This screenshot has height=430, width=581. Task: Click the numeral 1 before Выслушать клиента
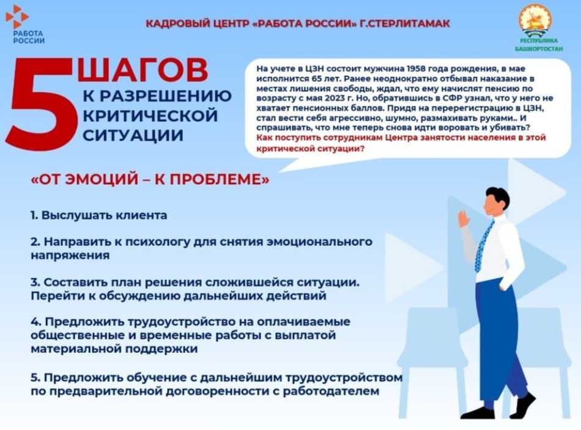click(x=34, y=215)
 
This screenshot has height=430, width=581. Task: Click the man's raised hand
click(x=464, y=217)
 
